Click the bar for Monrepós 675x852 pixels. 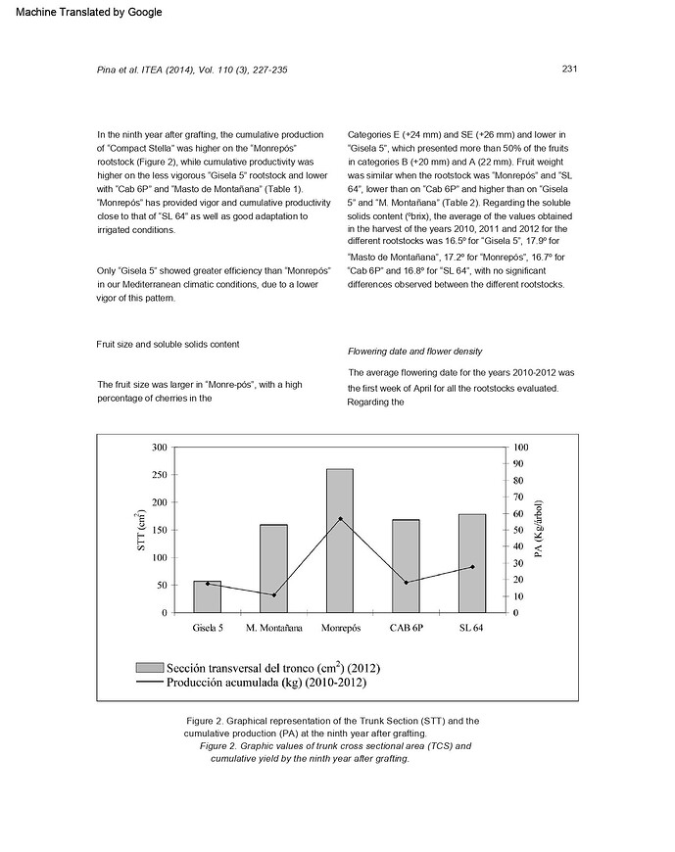click(340, 541)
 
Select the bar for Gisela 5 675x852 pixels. click(207, 596)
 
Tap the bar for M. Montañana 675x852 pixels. click(273, 568)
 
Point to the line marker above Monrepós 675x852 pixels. click(340, 518)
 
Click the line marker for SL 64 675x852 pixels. click(472, 566)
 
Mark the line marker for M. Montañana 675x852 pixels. click(273, 594)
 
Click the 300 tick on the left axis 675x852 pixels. click(159, 447)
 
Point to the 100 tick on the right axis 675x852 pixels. click(521, 447)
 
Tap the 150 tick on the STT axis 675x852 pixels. click(159, 530)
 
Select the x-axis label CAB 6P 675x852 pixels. click(407, 627)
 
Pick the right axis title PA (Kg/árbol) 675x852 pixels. click(540, 530)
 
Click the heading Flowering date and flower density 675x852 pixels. click(414, 351)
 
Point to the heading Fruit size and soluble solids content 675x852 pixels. click(168, 344)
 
